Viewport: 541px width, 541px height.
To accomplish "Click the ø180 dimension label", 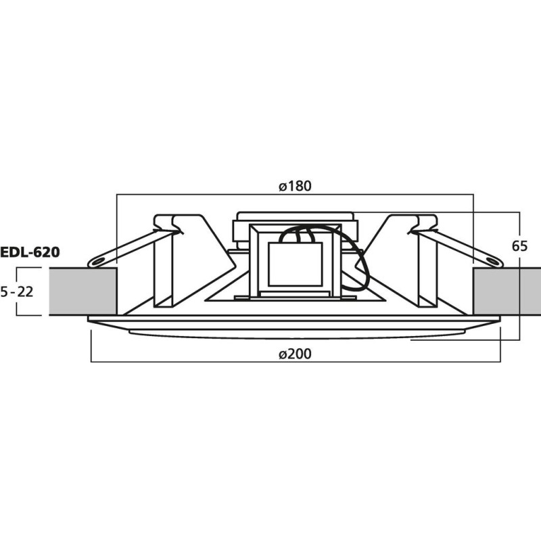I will point(295,187).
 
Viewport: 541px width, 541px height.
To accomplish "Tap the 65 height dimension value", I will point(519,246).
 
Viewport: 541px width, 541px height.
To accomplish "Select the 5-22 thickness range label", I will point(18,291).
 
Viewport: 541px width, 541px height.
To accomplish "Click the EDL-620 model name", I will point(30,253).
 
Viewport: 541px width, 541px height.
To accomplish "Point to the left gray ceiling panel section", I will point(83,291).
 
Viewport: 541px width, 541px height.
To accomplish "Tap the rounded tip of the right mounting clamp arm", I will point(497,260).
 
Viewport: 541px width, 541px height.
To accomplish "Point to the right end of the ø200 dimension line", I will point(500,361).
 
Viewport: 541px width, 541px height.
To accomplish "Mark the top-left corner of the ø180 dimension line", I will point(118,195).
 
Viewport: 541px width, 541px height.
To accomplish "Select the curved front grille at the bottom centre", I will point(295,333).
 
